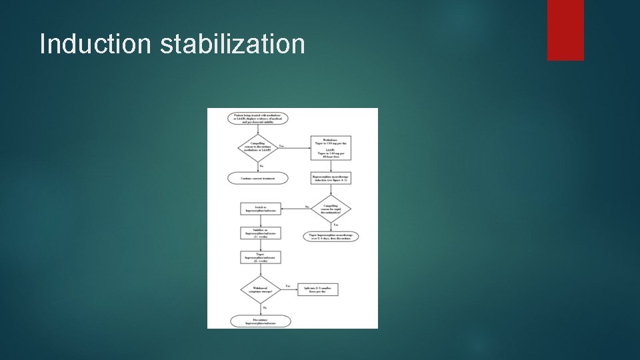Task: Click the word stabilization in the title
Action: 232,44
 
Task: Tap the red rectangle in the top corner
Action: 565,30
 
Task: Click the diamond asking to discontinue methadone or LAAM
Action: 257,147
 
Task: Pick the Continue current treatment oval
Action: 257,178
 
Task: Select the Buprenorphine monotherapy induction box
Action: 331,179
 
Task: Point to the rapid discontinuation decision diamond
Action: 331,209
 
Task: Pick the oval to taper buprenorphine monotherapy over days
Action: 331,237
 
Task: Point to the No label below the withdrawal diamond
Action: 265,307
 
